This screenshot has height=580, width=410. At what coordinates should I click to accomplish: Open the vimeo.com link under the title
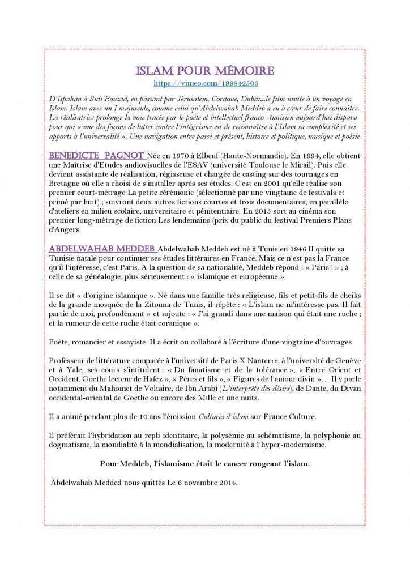[206, 83]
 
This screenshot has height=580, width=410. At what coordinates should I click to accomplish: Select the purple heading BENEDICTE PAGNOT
[97, 155]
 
